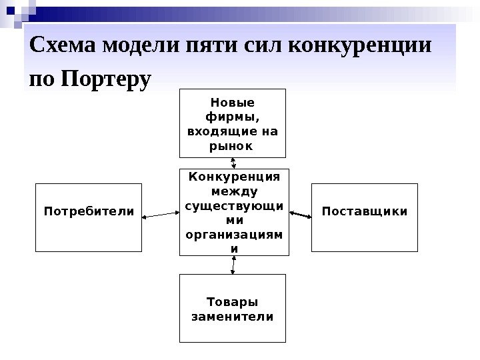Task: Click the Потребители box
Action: [x=88, y=217]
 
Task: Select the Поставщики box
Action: [x=365, y=217]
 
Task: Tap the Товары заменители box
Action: [x=232, y=308]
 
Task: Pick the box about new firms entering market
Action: [x=232, y=122]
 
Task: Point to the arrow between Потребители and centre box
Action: [x=161, y=214]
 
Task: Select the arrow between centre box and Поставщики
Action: [x=301, y=214]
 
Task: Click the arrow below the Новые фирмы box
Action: [x=233, y=162]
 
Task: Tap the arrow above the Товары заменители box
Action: [x=232, y=265]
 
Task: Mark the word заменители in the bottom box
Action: [x=232, y=316]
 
